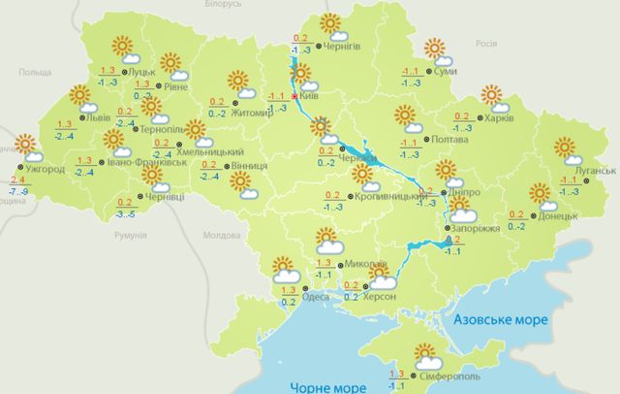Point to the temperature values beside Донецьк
point(516,219)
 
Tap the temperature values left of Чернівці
point(125,207)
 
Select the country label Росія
point(487,45)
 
